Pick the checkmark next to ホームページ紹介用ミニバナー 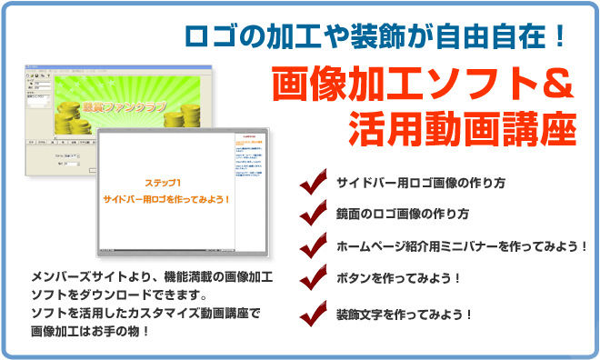(x=314, y=245)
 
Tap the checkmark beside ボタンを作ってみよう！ (x=314, y=276)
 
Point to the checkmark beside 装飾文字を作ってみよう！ (x=314, y=313)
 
